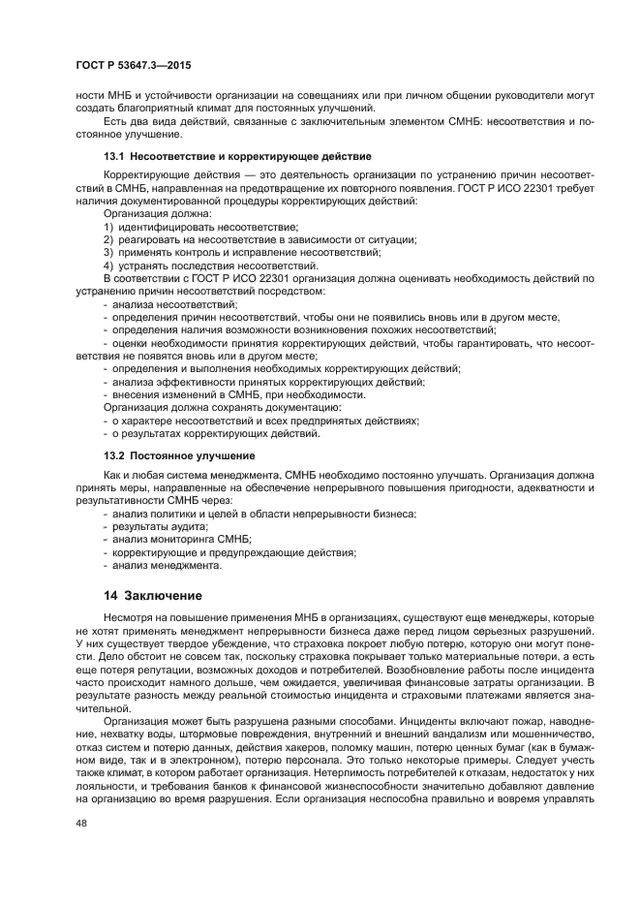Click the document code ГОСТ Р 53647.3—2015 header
point(126,65)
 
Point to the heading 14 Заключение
point(154,595)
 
